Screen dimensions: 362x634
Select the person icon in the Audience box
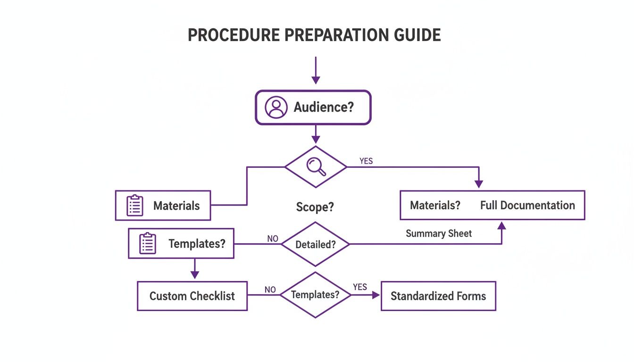[276, 107]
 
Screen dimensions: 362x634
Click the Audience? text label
[324, 107]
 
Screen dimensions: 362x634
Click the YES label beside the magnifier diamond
[366, 161]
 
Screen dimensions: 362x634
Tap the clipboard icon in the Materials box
[135, 206]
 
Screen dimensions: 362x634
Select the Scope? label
[315, 207]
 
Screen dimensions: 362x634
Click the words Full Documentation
[527, 206]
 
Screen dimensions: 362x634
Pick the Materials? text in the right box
[435, 206]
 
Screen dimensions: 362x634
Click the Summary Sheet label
[439, 233]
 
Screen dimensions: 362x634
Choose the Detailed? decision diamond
[315, 245]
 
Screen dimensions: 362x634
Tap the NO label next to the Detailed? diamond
[273, 239]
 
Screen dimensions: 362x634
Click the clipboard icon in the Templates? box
[148, 244]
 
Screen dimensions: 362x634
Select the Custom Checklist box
[192, 296]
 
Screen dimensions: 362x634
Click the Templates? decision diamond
[315, 295]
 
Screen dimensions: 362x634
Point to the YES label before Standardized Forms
[360, 287]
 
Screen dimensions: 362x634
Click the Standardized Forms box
[438, 296]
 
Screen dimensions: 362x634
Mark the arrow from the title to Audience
[316, 71]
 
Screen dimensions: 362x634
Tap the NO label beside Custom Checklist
[270, 289]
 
